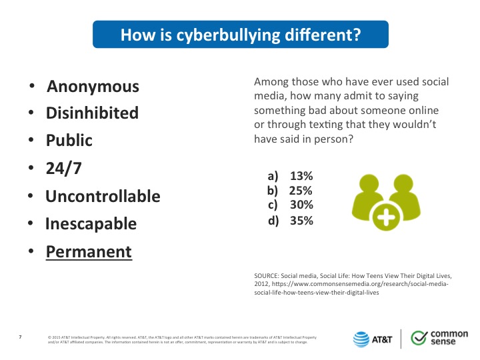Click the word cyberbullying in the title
[x=228, y=35]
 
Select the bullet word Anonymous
[x=93, y=86]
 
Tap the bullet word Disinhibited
[x=92, y=113]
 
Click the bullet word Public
[x=69, y=140]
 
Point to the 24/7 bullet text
[x=64, y=168]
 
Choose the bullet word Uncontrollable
[x=103, y=196]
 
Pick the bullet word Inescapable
[x=91, y=224]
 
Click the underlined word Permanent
[x=89, y=251]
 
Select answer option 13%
[x=301, y=176]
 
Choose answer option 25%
[x=301, y=191]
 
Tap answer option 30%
[x=301, y=205]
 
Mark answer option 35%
[x=301, y=221]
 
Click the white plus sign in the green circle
[x=386, y=217]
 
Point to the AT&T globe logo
[x=361, y=339]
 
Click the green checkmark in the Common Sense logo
[x=419, y=337]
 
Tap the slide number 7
[x=20, y=337]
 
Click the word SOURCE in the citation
[x=266, y=276]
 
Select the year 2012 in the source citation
[x=261, y=284]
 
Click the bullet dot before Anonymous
[x=32, y=86]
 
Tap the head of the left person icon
[x=369, y=184]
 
